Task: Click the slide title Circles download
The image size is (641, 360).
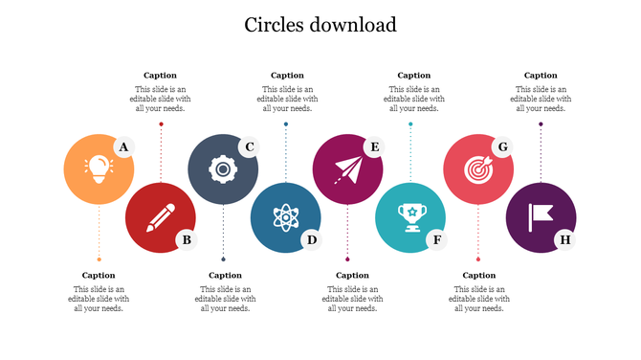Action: click(320, 25)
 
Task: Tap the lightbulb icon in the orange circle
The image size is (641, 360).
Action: click(99, 169)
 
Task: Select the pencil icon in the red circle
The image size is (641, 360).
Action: click(161, 217)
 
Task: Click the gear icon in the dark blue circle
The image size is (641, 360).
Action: click(223, 169)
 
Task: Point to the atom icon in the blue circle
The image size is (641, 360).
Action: click(285, 217)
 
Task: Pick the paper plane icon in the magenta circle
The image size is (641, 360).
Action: click(347, 169)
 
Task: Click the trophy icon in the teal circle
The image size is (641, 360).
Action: click(410, 217)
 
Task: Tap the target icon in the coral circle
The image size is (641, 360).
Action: click(477, 169)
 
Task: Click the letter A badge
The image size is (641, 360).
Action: click(122, 146)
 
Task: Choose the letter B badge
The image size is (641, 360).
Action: click(187, 239)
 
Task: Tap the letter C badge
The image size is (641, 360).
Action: click(249, 146)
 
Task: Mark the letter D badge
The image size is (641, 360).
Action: click(311, 239)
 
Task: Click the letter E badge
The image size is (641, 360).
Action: click(374, 146)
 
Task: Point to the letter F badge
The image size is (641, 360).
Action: click(437, 239)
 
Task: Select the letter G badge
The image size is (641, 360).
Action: click(500, 146)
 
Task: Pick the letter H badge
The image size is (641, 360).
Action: click(564, 239)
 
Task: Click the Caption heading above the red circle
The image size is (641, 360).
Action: click(160, 75)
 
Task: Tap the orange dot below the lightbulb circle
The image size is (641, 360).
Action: click(99, 259)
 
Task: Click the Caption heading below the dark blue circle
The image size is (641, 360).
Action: click(225, 275)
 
